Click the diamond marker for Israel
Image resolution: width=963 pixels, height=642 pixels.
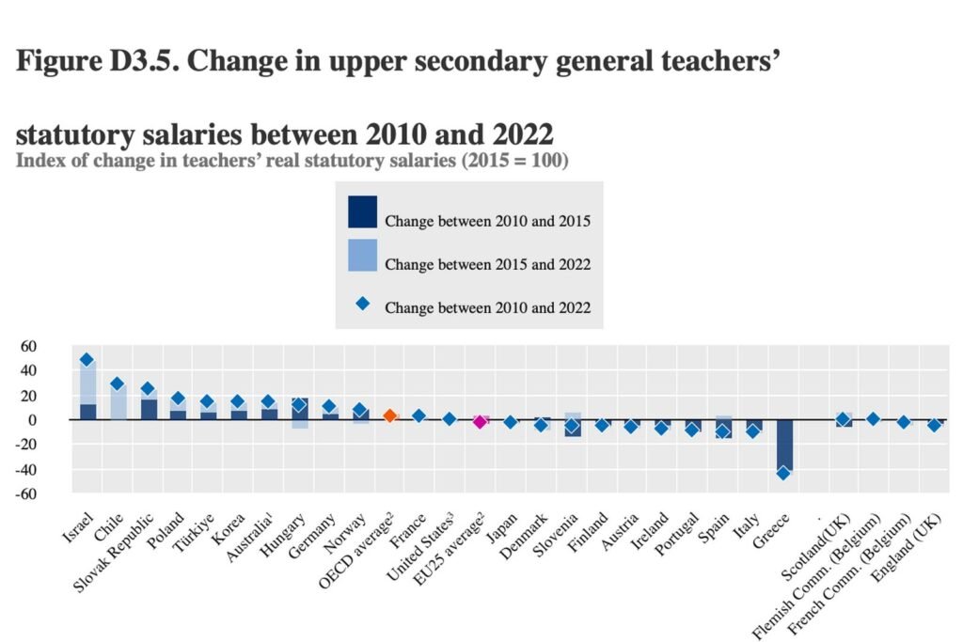coord(87,360)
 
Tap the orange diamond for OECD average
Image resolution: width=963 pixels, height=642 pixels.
coord(389,415)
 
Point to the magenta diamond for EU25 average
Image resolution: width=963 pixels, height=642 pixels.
coord(480,422)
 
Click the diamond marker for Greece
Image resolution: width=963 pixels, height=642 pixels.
coord(783,473)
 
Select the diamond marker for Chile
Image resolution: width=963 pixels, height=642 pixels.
coord(118,384)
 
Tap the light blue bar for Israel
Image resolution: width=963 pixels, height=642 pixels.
coord(87,382)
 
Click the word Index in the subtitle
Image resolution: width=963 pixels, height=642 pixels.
coord(39,161)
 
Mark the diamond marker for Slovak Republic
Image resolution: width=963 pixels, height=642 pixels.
coord(148,388)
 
